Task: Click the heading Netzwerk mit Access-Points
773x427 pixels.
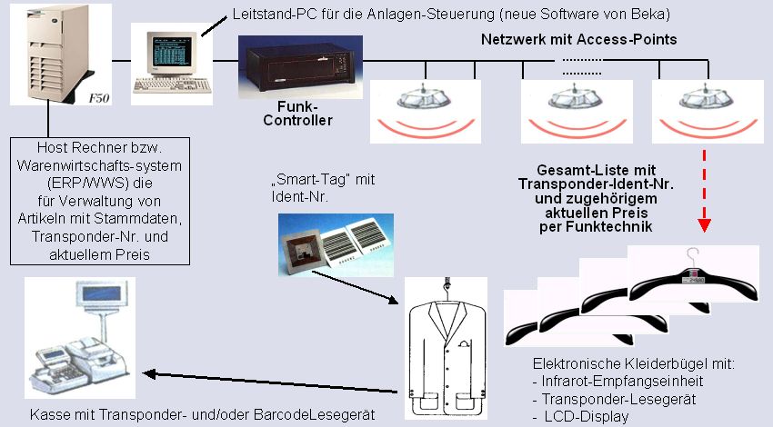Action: pos(578,40)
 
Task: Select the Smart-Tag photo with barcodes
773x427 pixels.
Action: pos(336,243)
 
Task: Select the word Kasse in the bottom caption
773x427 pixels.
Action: pos(46,415)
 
